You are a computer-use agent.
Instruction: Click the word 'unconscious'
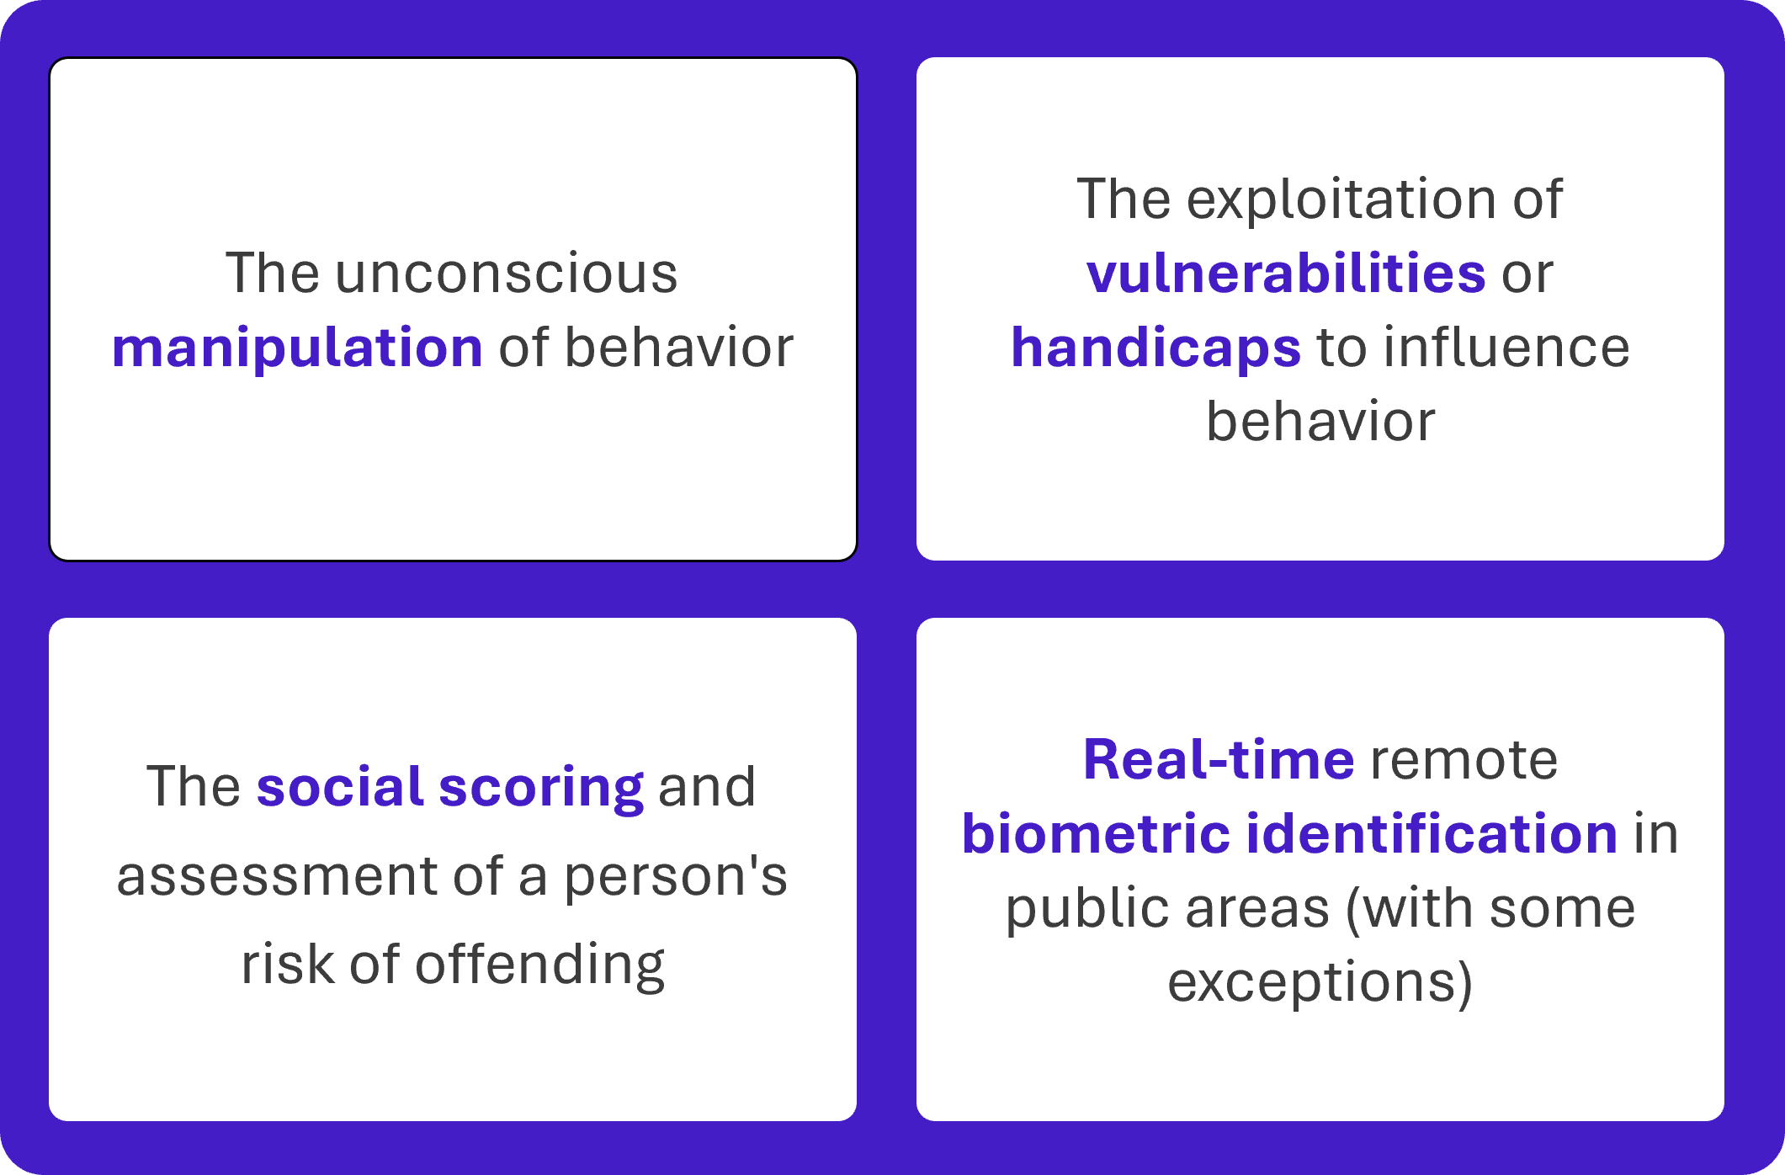[506, 274]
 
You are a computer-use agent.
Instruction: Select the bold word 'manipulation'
[297, 347]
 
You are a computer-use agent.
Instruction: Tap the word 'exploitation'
[1342, 199]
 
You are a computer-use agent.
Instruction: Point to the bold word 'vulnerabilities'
[1286, 273]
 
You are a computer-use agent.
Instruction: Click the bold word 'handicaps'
[1155, 348]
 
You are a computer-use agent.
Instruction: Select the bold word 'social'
[339, 786]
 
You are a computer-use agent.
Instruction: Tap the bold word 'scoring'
[541, 788]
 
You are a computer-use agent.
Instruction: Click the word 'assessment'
[277, 875]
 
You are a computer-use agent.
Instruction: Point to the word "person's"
[675, 877]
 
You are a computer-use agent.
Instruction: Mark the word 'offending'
[539, 965]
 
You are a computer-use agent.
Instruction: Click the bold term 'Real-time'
[1219, 759]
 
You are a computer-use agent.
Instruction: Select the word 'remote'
[1464, 760]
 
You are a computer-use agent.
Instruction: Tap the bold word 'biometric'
[1096, 833]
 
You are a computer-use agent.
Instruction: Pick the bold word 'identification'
[1432, 833]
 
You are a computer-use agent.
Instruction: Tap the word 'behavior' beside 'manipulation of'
[678, 347]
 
